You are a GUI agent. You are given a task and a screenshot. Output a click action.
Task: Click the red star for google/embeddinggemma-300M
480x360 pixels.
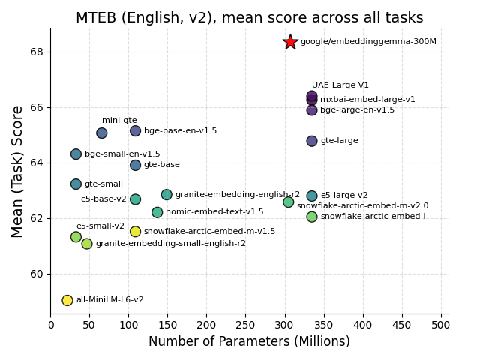290,42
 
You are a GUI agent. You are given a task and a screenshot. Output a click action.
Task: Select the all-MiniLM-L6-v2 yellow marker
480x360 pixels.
67,300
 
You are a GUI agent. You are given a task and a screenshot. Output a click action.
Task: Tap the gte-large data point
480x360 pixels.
312,141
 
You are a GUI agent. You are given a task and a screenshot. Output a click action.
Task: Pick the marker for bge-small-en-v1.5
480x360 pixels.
76,154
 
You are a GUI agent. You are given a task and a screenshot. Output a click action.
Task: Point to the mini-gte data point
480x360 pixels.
101,133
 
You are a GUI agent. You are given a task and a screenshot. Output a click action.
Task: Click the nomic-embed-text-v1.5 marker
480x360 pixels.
157,212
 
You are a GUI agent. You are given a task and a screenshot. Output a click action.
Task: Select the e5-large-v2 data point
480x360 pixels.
312,196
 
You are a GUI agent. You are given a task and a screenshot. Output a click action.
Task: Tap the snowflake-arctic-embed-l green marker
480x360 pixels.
312,217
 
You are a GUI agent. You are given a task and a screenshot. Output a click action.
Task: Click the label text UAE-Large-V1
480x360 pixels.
340,85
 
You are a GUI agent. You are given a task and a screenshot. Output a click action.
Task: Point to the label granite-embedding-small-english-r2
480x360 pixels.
170,244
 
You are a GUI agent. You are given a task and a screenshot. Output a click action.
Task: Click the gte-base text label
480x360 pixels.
161,165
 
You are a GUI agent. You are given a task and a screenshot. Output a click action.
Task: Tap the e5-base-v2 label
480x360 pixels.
103,199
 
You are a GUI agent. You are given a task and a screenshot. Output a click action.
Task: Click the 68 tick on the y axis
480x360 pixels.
37,52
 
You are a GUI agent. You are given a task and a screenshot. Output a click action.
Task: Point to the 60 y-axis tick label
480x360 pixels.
37,274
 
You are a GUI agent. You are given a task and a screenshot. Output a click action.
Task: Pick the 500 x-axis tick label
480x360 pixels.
441,325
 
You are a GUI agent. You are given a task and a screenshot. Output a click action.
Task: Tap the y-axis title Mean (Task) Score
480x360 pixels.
18,171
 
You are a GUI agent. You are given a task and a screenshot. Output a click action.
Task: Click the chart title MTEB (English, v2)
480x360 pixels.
249,18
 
